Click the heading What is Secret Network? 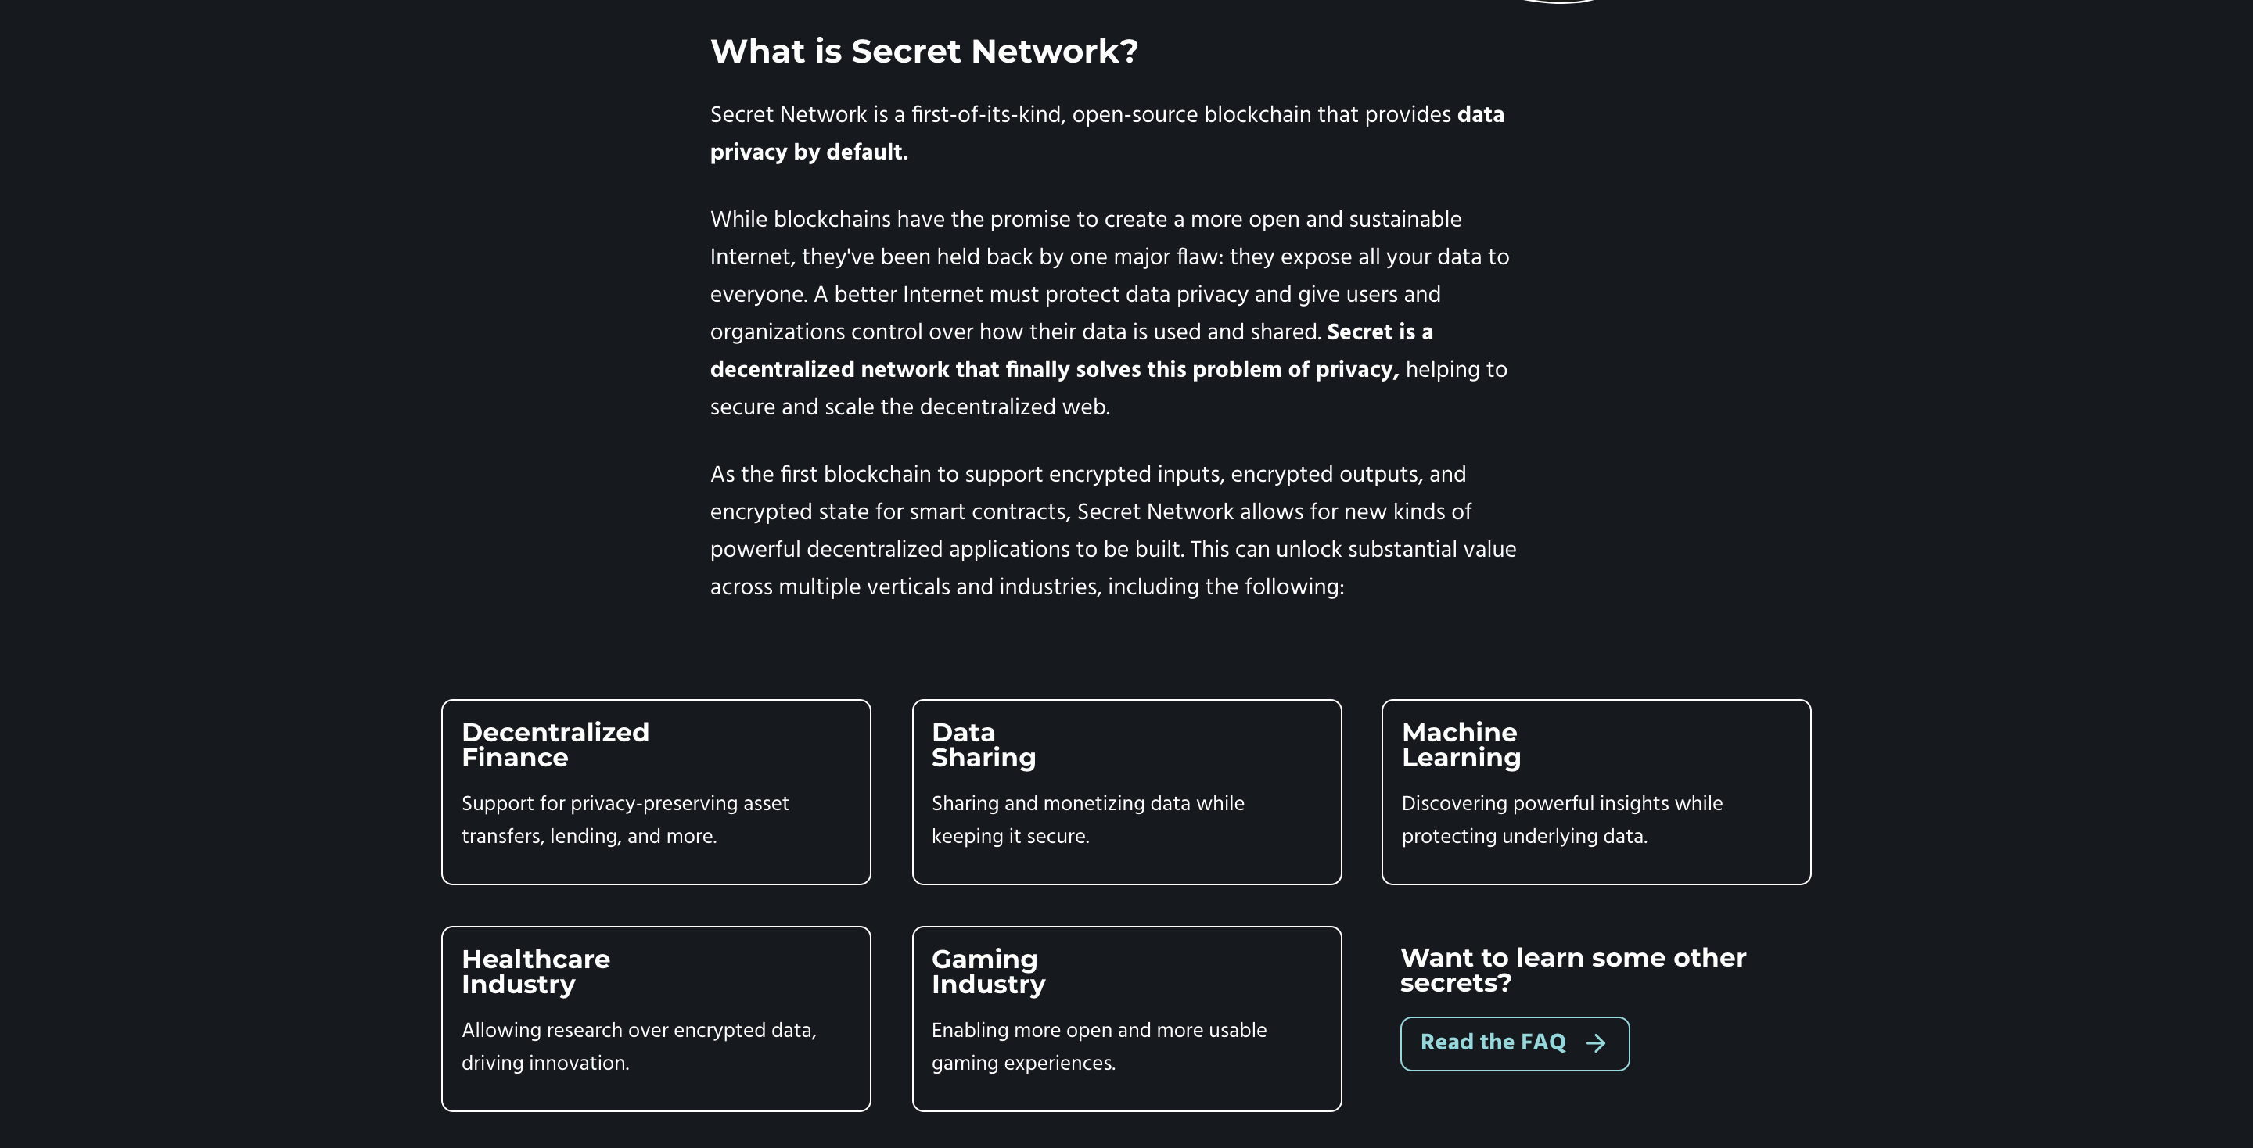[x=924, y=52]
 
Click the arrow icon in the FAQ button [x=1596, y=1043]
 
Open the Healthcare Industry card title [x=535, y=971]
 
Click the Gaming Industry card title [x=987, y=971]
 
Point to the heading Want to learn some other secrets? [x=1572, y=970]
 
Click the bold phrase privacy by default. [x=808, y=152]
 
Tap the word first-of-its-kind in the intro [x=987, y=114]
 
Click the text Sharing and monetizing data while [x=1087, y=803]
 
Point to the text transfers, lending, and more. [x=588, y=837]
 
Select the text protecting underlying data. [x=1524, y=837]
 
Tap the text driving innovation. [x=545, y=1064]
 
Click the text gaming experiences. [x=1022, y=1064]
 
